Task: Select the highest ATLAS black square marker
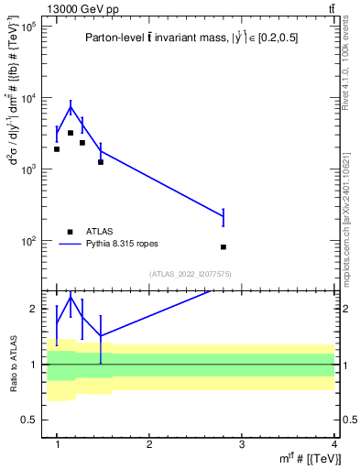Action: point(71,133)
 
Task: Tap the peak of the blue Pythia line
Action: point(71,107)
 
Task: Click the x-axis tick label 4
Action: point(334,444)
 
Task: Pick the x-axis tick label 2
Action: point(149,444)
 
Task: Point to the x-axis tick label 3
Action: point(242,444)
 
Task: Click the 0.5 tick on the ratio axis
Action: point(30,420)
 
